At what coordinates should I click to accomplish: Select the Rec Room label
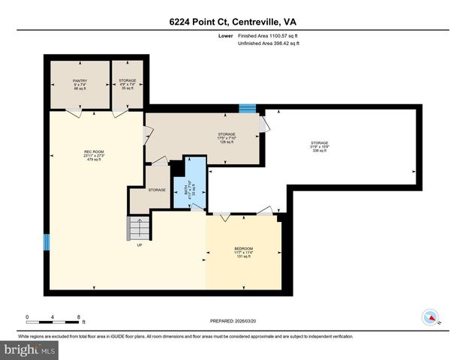(94, 155)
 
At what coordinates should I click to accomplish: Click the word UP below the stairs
(139, 244)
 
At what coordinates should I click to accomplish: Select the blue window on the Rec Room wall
(46, 241)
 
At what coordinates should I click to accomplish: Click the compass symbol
(431, 316)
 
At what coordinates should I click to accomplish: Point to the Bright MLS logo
(29, 349)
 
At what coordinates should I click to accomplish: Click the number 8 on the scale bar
(79, 317)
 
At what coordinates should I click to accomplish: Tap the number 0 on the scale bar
(27, 317)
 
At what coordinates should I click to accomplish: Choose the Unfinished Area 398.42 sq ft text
(269, 44)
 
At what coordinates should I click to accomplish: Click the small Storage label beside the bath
(157, 190)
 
